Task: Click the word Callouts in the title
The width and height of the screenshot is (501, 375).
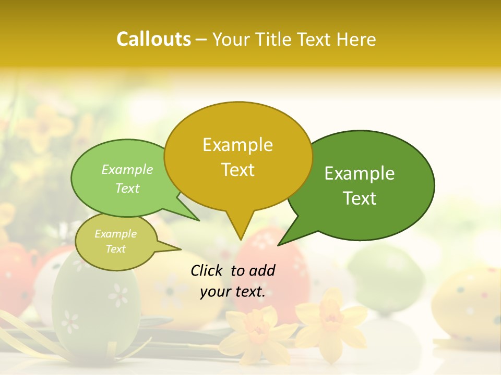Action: coord(153,39)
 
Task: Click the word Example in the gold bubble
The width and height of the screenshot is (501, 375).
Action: coord(237,145)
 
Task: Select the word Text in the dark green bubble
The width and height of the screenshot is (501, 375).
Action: coord(360,198)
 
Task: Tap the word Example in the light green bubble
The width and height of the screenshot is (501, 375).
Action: coord(127,170)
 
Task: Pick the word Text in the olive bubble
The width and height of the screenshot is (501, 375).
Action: coord(116,249)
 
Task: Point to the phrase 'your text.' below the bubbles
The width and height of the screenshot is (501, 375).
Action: coord(232,292)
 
